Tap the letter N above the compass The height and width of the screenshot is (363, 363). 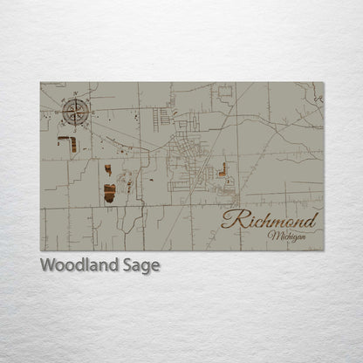coord(75,93)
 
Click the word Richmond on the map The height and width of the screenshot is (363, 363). coord(270,220)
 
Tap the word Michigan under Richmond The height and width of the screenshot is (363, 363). coord(287,236)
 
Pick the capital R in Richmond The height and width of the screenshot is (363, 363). coord(229,220)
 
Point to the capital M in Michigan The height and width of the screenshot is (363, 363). coord(273,236)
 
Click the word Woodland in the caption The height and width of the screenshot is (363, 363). coord(73,265)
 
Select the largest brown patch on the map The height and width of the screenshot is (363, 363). coord(109,193)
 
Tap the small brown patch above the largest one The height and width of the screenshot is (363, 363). coord(107,169)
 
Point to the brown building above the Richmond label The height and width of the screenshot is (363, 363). coord(223,170)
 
